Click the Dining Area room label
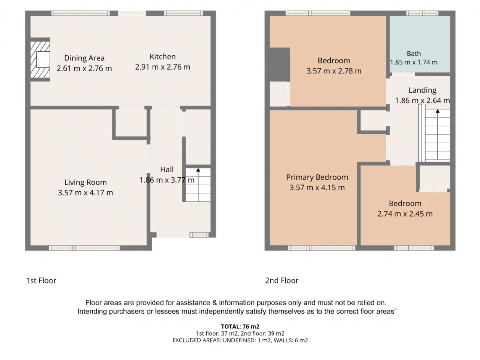pos(84,58)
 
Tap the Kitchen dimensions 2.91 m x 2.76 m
pos(162,67)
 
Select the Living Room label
pos(85,182)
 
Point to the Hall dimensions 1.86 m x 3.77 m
pos(166,180)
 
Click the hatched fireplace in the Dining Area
pos(40,59)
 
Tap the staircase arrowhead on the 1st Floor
pos(198,170)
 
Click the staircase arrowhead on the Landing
pos(438,111)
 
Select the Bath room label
pos(414,54)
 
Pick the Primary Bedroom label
pos(317,177)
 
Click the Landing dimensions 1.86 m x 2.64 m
pos(422,100)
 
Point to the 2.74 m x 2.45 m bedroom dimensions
pos(405,214)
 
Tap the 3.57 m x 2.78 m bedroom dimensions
pos(334,71)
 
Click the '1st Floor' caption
pos(41,280)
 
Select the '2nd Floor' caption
pos(282,280)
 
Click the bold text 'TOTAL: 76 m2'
pos(240,327)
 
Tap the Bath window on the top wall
pos(422,13)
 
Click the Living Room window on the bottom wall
pos(84,248)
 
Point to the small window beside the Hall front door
pos(199,235)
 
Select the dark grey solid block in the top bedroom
pos(280,64)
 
